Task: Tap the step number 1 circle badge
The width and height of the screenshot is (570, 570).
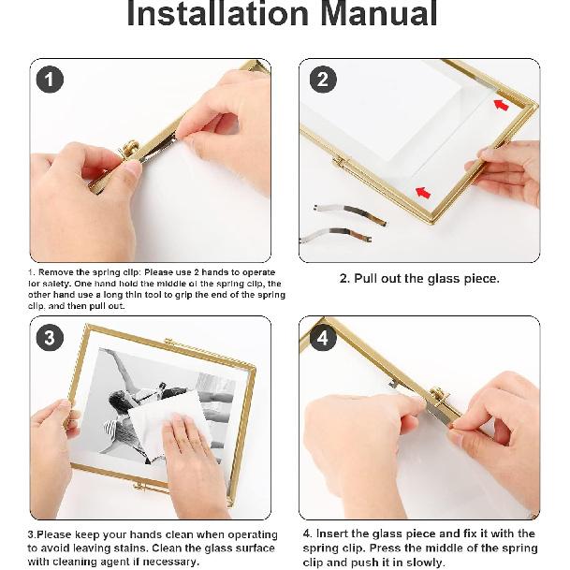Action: point(50,80)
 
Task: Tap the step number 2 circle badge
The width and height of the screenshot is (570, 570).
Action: point(322,80)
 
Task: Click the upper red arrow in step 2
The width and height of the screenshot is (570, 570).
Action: point(502,103)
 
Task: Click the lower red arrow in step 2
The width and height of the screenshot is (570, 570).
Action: point(423,191)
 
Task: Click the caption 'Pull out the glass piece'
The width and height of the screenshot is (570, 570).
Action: point(418,278)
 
